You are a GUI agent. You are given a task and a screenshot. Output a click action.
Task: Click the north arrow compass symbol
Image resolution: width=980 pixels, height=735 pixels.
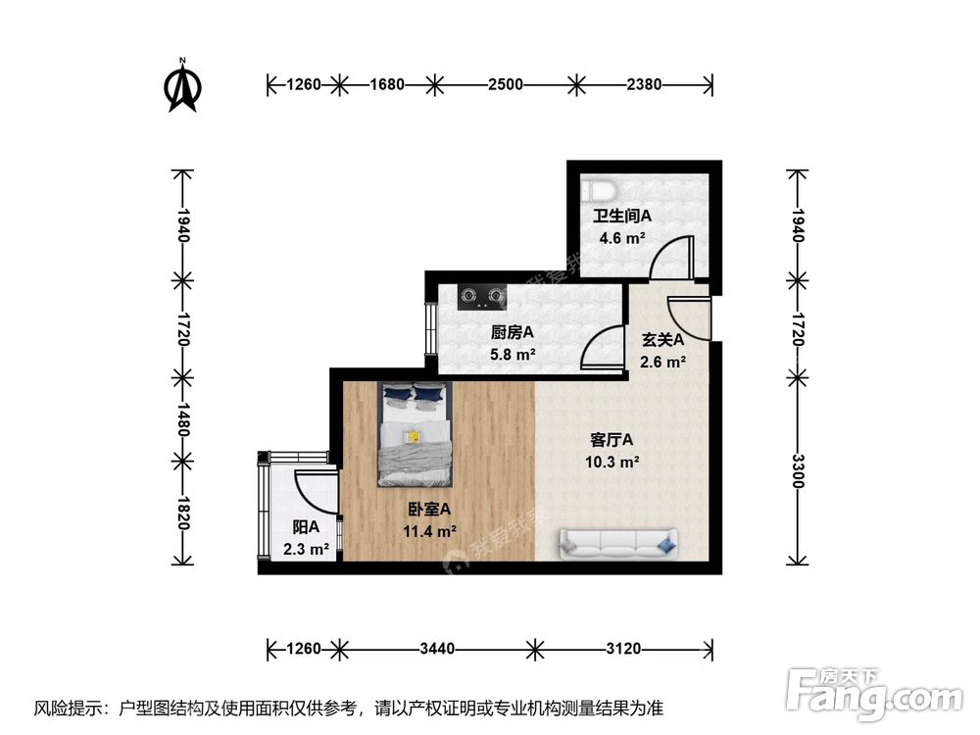point(181,85)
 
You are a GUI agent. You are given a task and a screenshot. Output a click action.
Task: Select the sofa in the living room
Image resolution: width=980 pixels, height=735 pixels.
point(617,542)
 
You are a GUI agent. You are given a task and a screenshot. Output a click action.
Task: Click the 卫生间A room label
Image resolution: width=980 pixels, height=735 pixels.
point(621,216)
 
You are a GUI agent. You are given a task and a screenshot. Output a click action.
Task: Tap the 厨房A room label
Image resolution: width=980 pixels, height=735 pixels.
point(512,331)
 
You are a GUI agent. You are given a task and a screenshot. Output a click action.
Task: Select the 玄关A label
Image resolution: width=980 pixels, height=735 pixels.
point(662,340)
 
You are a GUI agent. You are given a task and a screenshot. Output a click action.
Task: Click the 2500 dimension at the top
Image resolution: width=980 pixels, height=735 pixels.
point(505,85)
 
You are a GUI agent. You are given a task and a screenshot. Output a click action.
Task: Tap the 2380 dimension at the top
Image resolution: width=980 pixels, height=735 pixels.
point(644,85)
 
